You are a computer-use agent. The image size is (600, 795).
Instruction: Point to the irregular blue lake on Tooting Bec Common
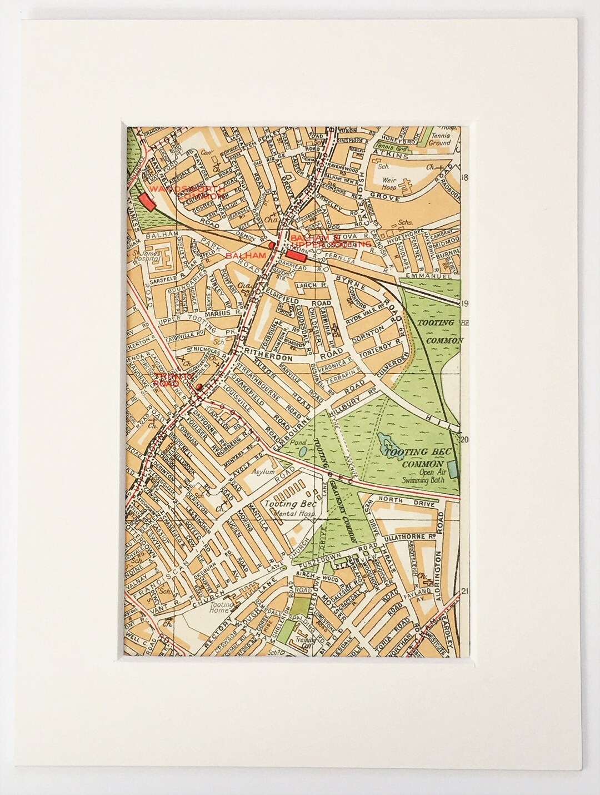[x=386, y=443]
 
